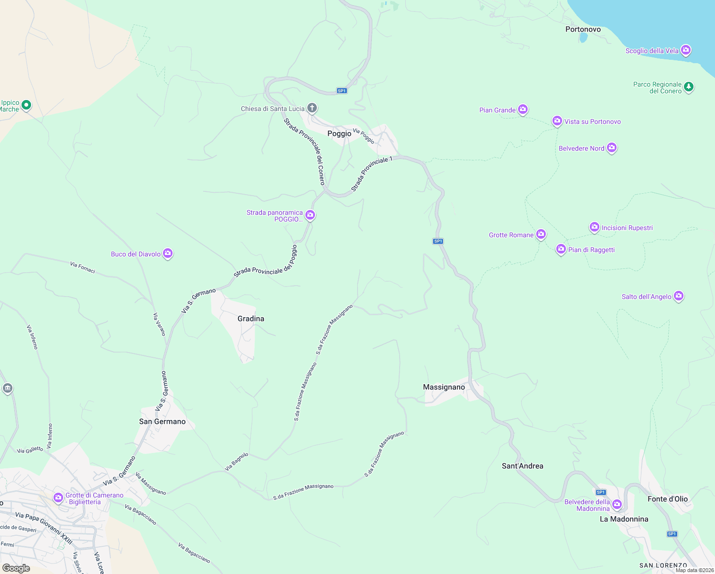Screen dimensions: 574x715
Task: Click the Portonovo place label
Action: point(583,29)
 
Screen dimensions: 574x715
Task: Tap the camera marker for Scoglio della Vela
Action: point(686,50)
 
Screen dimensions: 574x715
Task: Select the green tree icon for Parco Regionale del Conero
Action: point(688,87)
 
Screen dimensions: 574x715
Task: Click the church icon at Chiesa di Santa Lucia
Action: point(312,108)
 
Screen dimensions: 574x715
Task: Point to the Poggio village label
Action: point(339,133)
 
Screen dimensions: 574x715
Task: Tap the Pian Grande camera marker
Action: point(523,110)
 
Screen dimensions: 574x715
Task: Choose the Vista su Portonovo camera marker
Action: point(557,121)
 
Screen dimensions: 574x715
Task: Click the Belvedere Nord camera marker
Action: point(612,148)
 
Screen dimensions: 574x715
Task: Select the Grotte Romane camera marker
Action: point(541,234)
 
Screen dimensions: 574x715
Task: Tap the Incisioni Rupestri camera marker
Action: point(594,227)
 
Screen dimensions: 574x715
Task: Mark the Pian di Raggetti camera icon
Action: point(561,249)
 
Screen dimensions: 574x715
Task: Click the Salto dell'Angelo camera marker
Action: point(678,296)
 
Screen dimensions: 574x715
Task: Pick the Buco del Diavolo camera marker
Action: point(167,253)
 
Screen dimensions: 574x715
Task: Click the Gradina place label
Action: point(250,319)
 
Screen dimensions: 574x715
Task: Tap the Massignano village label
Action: point(444,387)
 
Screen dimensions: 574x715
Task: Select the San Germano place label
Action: point(162,421)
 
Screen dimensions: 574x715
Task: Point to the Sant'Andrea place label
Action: point(522,466)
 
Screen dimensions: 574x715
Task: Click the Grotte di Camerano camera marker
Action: point(58,497)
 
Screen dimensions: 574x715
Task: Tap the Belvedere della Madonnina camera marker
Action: point(617,504)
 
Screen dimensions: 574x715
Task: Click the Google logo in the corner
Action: point(16,568)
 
